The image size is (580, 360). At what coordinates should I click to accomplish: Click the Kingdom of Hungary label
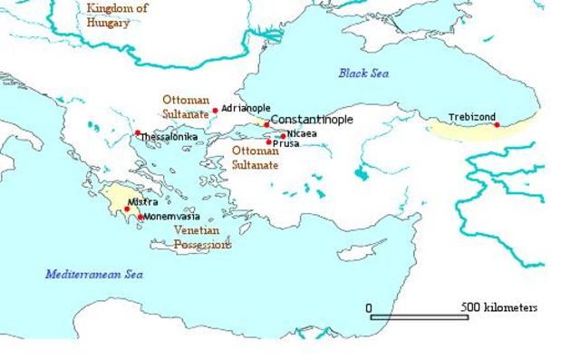click(116, 15)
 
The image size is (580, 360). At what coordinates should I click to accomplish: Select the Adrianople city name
click(246, 107)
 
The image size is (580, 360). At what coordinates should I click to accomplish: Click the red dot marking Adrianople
click(215, 111)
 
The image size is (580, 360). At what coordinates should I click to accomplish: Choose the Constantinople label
click(311, 120)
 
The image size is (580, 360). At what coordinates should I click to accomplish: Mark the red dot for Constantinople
click(266, 124)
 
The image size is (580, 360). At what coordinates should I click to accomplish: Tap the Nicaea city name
click(302, 134)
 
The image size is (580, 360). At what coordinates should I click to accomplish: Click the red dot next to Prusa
click(269, 141)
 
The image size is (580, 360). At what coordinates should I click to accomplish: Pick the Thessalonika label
click(169, 137)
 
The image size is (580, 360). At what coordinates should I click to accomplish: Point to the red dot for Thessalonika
click(138, 133)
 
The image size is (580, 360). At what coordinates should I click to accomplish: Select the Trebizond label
click(471, 117)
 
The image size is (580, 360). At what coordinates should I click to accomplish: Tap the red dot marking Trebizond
click(497, 124)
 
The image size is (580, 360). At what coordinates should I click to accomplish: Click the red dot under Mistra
click(127, 209)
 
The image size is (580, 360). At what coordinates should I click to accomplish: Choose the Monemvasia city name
click(171, 217)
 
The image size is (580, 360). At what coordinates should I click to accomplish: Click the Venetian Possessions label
click(201, 238)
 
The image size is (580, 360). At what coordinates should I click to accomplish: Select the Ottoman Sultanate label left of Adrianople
click(186, 107)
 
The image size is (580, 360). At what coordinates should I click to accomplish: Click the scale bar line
click(419, 317)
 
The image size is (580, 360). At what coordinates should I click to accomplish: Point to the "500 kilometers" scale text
click(499, 307)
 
